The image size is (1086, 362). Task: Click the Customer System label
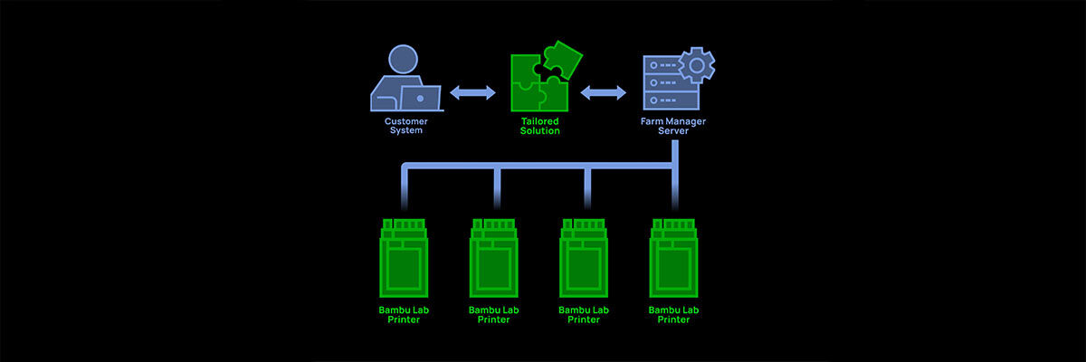tap(406, 125)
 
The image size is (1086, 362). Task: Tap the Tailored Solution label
tap(539, 125)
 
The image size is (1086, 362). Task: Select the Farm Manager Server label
tap(674, 125)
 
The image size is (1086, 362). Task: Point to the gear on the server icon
tap(697, 65)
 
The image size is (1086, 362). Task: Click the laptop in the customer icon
tap(420, 97)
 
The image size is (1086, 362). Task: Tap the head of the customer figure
tap(402, 61)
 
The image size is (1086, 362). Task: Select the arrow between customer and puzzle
tap(472, 91)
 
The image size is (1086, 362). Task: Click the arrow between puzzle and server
tap(603, 91)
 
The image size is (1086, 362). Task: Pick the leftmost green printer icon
tap(405, 258)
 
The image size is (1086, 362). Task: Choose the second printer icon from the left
tap(494, 258)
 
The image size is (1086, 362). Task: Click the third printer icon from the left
tap(584, 258)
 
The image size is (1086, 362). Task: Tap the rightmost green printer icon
tap(674, 258)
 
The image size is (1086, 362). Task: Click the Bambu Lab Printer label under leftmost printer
tap(404, 314)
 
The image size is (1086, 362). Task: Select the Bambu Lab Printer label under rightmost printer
tap(674, 314)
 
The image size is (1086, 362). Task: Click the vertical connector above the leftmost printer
tap(405, 190)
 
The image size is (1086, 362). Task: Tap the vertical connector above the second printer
tap(497, 190)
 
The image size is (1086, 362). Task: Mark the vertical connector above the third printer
tap(586, 190)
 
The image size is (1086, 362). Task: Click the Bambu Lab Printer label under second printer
tap(494, 314)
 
